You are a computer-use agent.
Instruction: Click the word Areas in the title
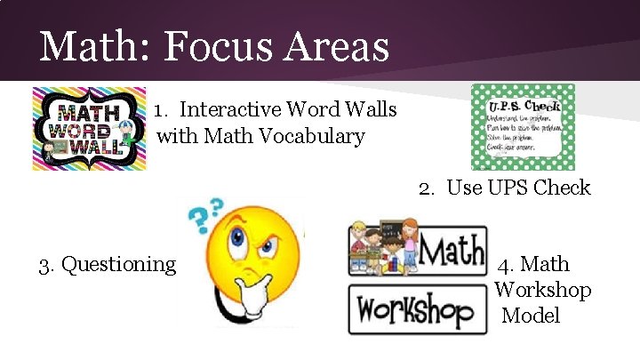pos(339,46)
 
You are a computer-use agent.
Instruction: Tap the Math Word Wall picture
pos(89,128)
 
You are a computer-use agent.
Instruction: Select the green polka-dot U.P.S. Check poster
pos(523,126)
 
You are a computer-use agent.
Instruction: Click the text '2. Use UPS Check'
pos(505,188)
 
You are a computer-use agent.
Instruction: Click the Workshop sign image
pos(417,308)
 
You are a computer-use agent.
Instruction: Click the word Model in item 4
pos(532,316)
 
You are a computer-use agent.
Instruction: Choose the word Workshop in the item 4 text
pos(543,290)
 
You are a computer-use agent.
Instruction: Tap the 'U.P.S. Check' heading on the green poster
pos(523,95)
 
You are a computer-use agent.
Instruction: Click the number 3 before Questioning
pos(44,264)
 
